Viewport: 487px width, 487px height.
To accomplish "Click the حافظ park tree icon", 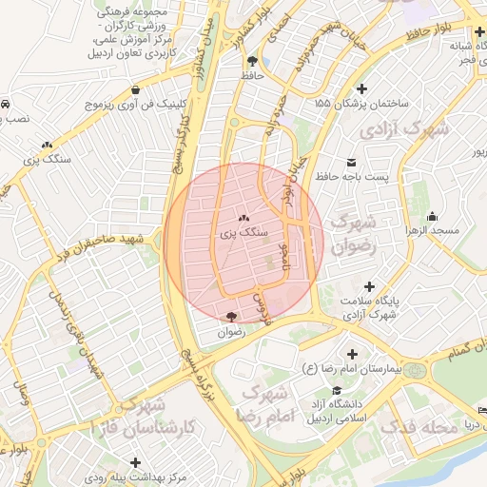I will click(251, 62).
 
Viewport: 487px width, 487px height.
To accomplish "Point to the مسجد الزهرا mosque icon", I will click(433, 216).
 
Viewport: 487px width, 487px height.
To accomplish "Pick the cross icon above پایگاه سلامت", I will click(369, 286).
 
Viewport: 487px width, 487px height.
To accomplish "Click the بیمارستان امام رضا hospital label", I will click(358, 367).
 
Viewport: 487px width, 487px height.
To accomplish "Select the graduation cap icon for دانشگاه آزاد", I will click(335, 390).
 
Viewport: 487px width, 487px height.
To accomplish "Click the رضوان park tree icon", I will click(232, 317).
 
